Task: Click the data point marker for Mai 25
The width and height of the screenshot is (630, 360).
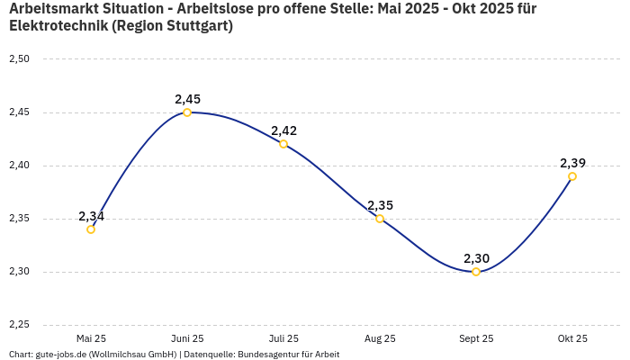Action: coord(91,229)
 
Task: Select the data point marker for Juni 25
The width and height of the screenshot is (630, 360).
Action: coord(187,112)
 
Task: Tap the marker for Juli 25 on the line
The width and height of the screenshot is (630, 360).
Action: coord(283,144)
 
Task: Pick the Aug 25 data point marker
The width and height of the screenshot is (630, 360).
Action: coord(380,219)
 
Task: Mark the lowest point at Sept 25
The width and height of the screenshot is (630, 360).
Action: coord(476,272)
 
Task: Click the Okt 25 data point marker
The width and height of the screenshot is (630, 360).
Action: coord(572,176)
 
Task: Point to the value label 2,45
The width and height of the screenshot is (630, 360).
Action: coord(187,99)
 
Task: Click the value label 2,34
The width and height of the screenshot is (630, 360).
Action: coord(91,216)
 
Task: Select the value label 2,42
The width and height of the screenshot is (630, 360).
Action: coord(283,130)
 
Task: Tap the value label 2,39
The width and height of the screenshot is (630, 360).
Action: coord(572,163)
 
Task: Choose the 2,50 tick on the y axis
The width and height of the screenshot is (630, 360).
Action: coord(19,59)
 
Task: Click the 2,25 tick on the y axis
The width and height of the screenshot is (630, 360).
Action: coord(19,325)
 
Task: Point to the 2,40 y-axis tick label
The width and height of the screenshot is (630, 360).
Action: coord(19,166)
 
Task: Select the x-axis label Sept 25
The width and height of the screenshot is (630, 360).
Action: coord(476,339)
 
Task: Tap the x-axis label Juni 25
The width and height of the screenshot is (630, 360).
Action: coord(187,339)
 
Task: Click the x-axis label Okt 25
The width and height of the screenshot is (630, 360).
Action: coord(572,339)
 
